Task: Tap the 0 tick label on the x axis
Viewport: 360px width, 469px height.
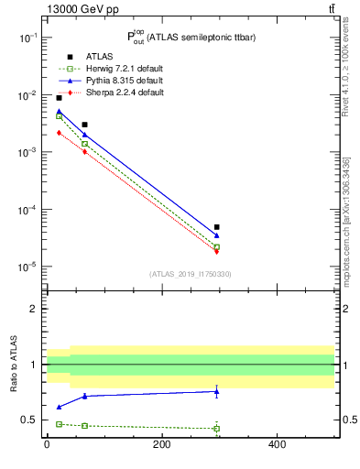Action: tap(47, 444)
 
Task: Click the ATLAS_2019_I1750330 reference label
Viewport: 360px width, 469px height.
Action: tap(190, 274)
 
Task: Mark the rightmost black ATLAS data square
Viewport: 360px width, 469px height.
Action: tap(217, 227)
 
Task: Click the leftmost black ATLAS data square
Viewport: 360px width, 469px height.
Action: tap(59, 97)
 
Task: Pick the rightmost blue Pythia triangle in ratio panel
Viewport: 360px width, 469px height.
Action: tap(217, 391)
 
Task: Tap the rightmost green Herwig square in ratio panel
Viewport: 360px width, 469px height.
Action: tap(217, 428)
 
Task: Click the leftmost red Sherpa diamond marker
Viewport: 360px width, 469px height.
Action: tap(59, 133)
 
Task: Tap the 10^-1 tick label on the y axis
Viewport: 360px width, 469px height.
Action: tap(27, 38)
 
